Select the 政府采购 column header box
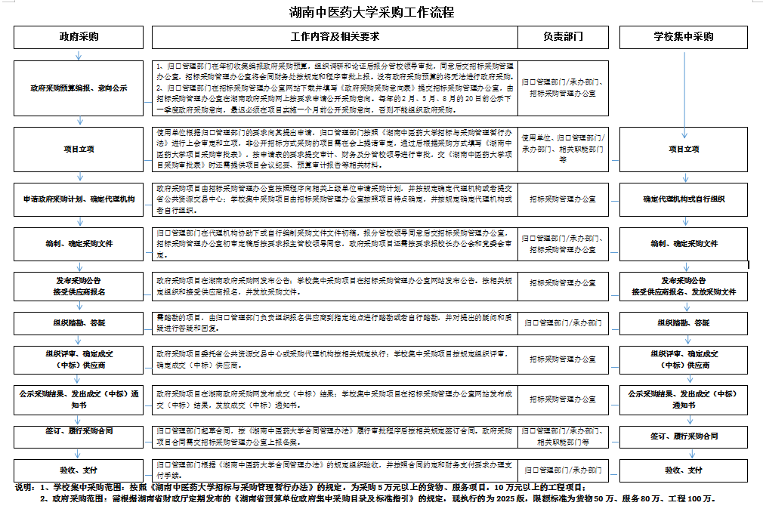[x=79, y=36]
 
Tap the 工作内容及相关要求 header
[x=334, y=36]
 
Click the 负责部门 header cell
[x=563, y=36]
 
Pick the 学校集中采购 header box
[x=684, y=36]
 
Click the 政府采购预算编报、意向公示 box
[x=79, y=88]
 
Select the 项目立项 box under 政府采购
[x=79, y=150]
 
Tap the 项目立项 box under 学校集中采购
[x=684, y=150]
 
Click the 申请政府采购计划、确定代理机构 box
[x=79, y=199]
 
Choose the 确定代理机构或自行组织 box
[x=684, y=199]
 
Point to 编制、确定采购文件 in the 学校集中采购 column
[x=684, y=244]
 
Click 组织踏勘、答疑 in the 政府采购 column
[x=79, y=323]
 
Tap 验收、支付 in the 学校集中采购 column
[x=684, y=470]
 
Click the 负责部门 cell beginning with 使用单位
[x=563, y=149]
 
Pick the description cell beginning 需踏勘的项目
[x=334, y=323]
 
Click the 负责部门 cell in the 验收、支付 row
[x=563, y=470]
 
